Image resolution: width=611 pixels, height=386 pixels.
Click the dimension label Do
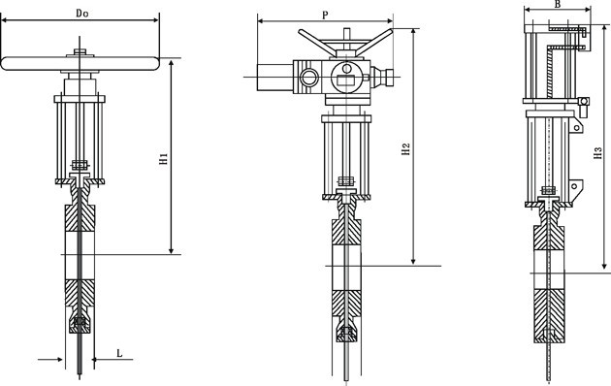pyautogui.click(x=81, y=14)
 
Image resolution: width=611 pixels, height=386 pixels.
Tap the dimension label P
pyautogui.click(x=325, y=16)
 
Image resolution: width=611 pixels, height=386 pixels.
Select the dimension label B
pyautogui.click(x=558, y=4)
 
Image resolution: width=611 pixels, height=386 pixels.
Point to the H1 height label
pyautogui.click(x=164, y=158)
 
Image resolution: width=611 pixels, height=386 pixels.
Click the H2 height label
pyautogui.click(x=406, y=149)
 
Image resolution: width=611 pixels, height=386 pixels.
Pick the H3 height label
pyautogui.click(x=597, y=152)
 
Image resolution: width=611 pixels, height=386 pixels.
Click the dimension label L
pyautogui.click(x=119, y=353)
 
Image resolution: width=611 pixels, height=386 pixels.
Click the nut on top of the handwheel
pyautogui.click(x=80, y=51)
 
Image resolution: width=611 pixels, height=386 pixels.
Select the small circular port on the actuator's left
pyautogui.click(x=309, y=78)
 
